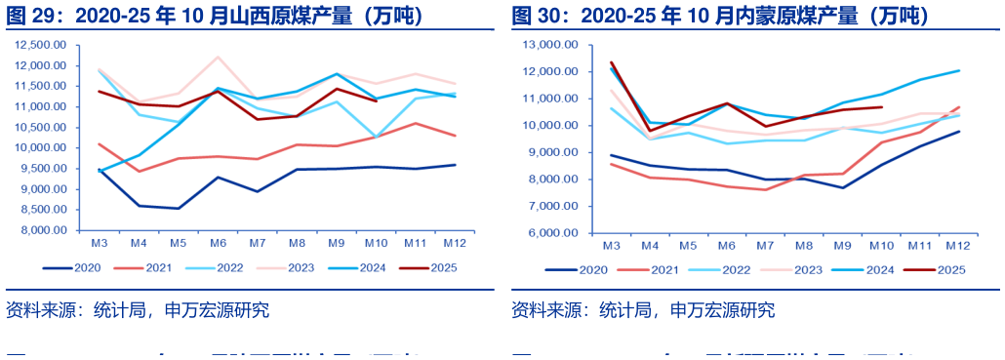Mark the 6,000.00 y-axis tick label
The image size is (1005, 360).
point(553,233)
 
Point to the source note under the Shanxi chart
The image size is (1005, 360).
point(137,310)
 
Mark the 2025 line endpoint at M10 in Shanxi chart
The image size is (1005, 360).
point(377,100)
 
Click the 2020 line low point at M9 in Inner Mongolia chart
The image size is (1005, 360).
point(843,187)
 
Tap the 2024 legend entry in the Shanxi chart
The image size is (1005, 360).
point(360,266)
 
